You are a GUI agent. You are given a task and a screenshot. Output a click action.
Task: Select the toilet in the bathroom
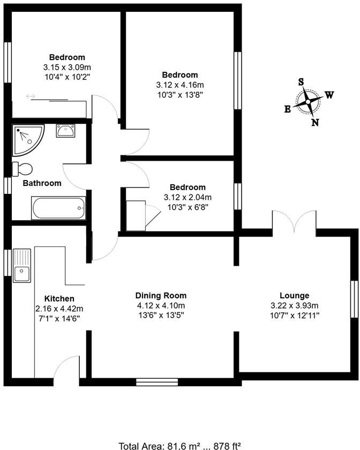(22, 169)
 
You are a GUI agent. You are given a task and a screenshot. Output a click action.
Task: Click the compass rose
(308, 102)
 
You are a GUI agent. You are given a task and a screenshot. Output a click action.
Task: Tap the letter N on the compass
(315, 123)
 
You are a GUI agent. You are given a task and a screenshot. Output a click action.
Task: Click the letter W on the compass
(329, 95)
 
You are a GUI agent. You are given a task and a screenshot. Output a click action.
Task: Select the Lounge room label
(294, 296)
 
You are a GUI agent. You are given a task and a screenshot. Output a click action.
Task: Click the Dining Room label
(161, 296)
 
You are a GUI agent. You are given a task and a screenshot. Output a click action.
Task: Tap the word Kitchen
(59, 298)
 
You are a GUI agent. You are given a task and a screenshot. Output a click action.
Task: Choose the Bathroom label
(42, 183)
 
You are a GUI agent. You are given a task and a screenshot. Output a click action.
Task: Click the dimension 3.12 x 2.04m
(187, 197)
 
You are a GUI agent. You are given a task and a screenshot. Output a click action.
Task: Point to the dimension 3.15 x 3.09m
(67, 67)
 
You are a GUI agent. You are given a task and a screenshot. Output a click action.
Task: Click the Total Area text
(179, 445)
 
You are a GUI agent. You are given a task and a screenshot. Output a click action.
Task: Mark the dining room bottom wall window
(153, 382)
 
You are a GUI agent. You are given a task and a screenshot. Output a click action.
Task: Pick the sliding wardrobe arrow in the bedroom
(31, 96)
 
